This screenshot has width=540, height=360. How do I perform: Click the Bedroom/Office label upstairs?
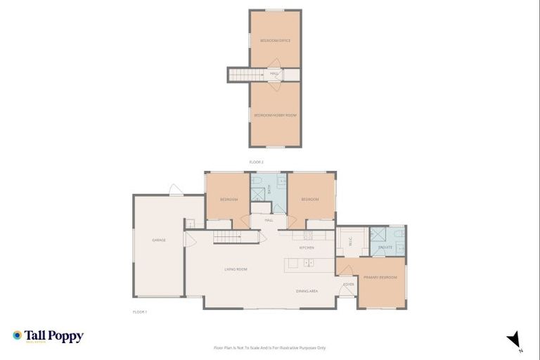tap(275, 41)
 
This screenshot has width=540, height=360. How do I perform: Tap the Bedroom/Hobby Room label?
tap(275, 115)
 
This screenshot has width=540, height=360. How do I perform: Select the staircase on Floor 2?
tap(247, 75)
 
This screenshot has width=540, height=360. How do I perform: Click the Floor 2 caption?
tap(256, 162)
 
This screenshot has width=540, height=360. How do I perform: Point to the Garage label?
tap(159, 240)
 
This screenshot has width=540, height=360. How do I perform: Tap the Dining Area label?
tap(307, 290)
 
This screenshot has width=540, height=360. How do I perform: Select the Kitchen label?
tap(306, 248)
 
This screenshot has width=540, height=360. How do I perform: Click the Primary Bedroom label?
tap(380, 278)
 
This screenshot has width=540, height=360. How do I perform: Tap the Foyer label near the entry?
tap(347, 284)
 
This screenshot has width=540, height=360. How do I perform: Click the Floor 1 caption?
tap(139, 311)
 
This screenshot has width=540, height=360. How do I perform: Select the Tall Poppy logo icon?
tap(18, 336)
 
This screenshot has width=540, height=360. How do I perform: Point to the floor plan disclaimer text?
tap(269, 347)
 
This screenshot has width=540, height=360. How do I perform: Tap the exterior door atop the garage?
tap(175, 190)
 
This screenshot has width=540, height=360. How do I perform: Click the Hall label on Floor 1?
tap(269, 221)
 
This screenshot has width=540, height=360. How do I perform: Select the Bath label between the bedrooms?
tap(269, 189)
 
